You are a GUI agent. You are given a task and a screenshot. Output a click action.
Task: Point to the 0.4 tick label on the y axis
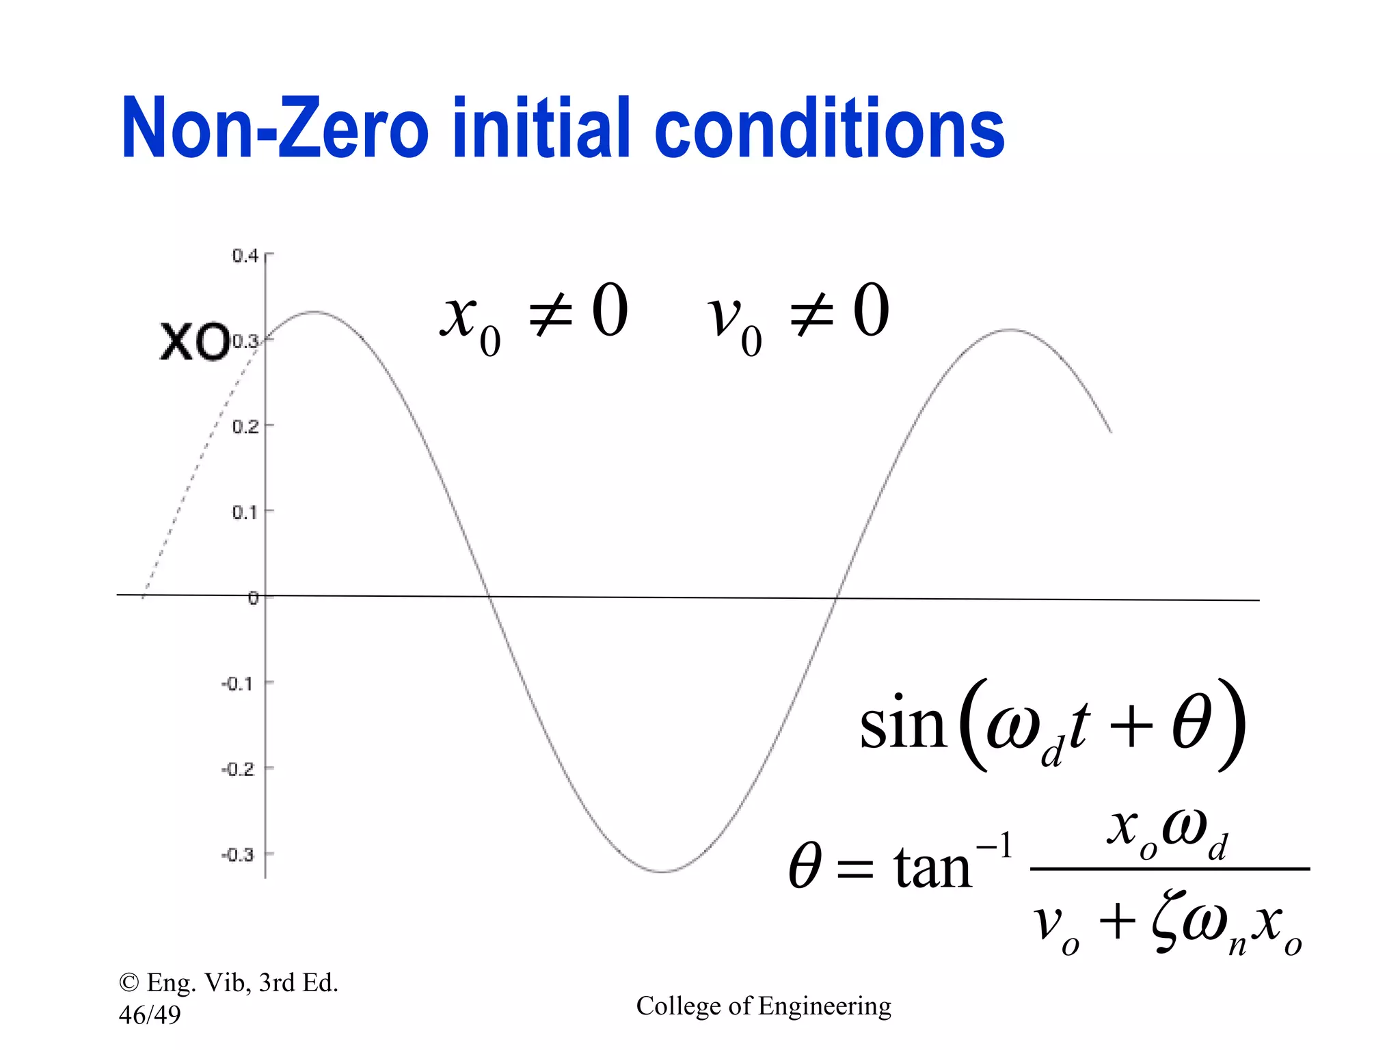(x=245, y=256)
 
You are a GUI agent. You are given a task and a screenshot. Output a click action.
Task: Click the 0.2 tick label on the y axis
(x=245, y=427)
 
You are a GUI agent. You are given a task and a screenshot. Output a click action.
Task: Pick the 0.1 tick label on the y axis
(x=245, y=512)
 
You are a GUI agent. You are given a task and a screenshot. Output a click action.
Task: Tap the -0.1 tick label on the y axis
(x=238, y=684)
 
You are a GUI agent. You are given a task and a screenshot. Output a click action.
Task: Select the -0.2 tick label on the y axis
(x=238, y=769)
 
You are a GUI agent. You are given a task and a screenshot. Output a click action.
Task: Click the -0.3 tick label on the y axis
(x=238, y=854)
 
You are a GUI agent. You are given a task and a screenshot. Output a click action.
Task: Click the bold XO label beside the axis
(x=195, y=342)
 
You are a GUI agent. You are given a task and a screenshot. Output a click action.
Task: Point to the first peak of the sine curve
(x=314, y=312)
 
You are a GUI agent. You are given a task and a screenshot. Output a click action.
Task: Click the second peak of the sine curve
(x=1011, y=330)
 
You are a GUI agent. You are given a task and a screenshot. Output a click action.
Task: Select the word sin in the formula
(x=902, y=726)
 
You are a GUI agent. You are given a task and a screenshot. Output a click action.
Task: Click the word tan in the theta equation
(x=932, y=868)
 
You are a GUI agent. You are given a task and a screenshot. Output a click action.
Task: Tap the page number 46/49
(x=150, y=1015)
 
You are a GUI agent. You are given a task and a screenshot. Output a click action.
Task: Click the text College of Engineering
(x=764, y=1006)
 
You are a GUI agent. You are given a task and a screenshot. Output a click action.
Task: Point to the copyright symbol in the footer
(x=129, y=983)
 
